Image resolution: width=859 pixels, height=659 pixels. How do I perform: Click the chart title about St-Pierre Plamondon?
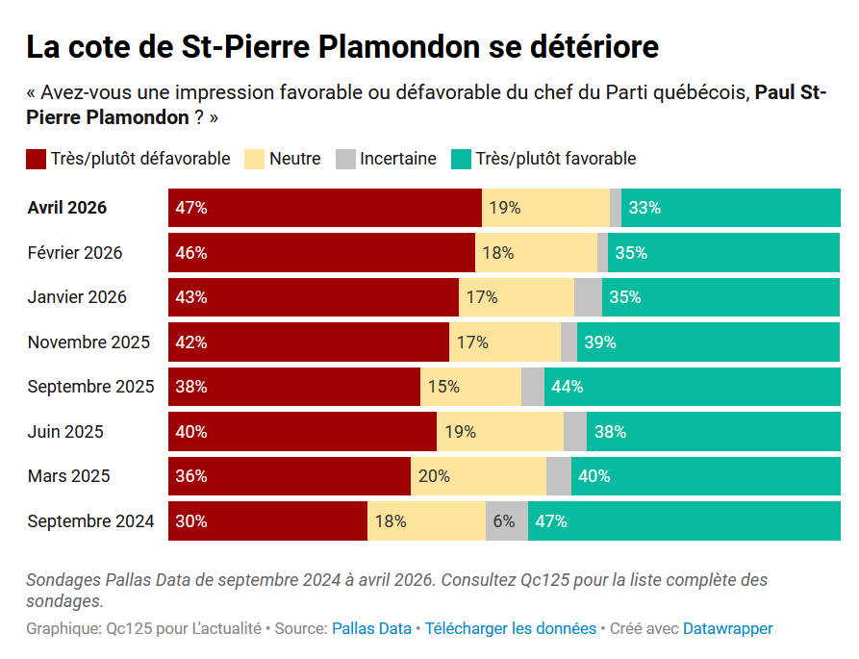(x=341, y=46)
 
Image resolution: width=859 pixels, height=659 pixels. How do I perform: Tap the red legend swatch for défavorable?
(x=37, y=159)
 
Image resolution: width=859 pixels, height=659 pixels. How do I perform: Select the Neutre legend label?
(x=294, y=159)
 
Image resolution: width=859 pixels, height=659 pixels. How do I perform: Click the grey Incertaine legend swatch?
(x=345, y=159)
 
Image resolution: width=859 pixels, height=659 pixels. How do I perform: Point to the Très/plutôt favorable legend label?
(x=555, y=159)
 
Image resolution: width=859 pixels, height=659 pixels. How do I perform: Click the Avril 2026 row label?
(x=67, y=208)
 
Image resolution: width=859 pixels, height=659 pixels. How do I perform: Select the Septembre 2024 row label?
(x=90, y=521)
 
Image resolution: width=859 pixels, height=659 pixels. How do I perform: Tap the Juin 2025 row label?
(x=65, y=432)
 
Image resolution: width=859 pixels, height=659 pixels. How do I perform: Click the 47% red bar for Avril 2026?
(x=324, y=208)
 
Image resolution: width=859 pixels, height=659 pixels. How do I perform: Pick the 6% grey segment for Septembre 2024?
(x=506, y=521)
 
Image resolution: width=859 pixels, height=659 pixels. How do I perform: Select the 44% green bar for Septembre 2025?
(x=692, y=387)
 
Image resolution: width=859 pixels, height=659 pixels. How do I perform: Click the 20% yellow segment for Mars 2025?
(x=478, y=476)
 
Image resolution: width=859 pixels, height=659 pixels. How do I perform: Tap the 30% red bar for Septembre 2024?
(x=267, y=521)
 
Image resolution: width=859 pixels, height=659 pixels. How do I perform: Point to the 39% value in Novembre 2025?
(x=600, y=342)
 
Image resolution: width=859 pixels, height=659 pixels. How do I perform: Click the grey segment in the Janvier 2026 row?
(x=588, y=297)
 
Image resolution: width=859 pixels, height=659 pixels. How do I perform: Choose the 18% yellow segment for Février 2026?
(x=536, y=253)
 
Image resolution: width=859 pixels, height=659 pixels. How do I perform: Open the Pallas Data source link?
(x=371, y=628)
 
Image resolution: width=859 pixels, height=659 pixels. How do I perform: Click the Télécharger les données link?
(x=511, y=628)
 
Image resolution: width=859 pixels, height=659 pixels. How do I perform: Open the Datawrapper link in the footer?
(x=727, y=628)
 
